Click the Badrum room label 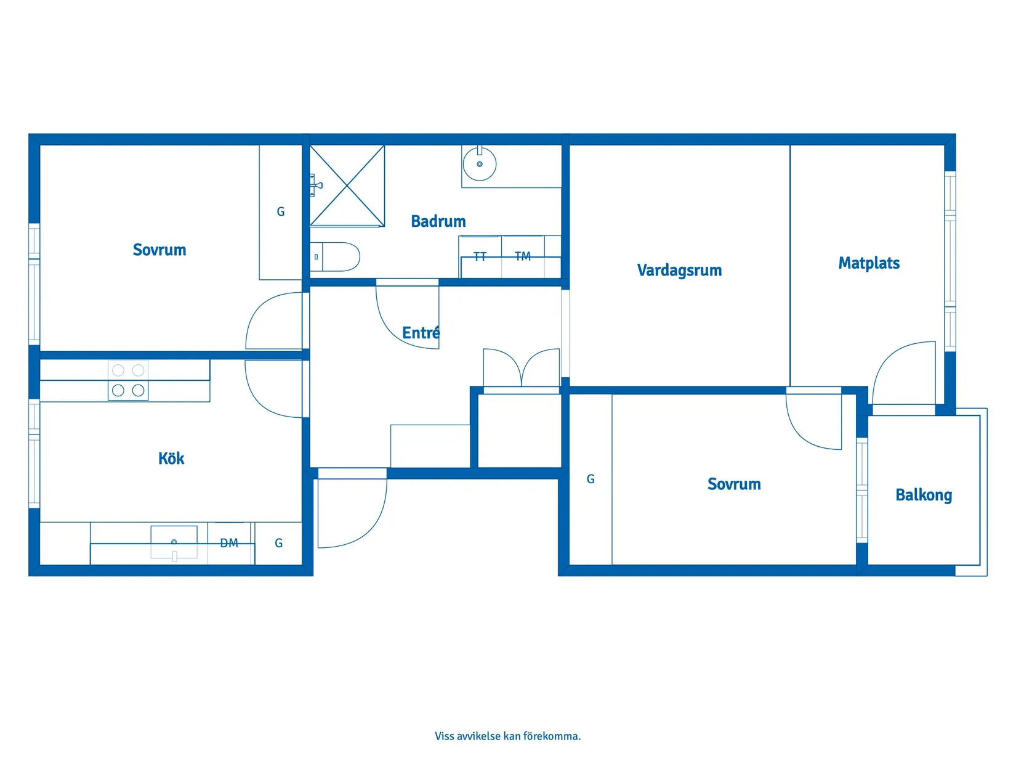(438, 221)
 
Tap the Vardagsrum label (679, 270)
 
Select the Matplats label (868, 263)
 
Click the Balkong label (923, 495)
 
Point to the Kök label (171, 459)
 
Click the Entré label (421, 333)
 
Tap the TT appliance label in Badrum (480, 256)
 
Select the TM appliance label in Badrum (522, 256)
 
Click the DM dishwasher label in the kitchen (228, 543)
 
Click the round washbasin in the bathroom (479, 164)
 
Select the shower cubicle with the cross (347, 185)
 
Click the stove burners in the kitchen (128, 380)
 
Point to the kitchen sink (174, 541)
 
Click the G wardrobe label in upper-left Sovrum (280, 212)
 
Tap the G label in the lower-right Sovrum (590, 479)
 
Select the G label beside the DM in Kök (278, 543)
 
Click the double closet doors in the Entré (522, 369)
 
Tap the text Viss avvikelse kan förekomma (507, 736)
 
